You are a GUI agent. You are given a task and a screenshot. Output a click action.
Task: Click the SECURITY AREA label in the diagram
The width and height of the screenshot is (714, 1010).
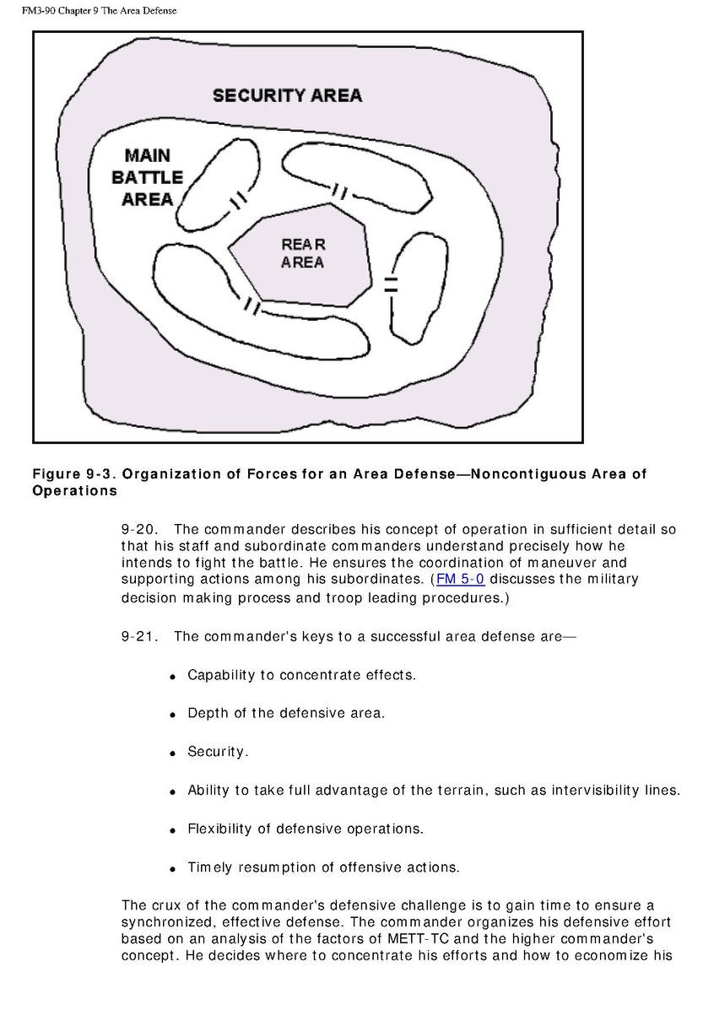tap(287, 95)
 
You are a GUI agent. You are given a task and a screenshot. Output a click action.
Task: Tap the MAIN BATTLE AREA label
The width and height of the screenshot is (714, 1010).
tap(147, 177)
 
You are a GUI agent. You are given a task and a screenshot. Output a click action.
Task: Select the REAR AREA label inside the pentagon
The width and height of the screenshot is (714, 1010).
tap(303, 253)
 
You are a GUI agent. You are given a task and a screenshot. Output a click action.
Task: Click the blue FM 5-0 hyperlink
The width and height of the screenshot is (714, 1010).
tap(460, 579)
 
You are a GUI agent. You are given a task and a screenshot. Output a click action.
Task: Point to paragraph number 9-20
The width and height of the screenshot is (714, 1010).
tap(140, 530)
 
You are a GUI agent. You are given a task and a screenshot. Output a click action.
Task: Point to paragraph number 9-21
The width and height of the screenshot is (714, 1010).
tap(140, 636)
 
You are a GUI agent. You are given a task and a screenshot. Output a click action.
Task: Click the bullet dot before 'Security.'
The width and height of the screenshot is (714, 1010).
tap(171, 753)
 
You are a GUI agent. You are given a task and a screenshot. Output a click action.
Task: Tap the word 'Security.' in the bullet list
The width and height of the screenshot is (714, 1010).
tap(218, 752)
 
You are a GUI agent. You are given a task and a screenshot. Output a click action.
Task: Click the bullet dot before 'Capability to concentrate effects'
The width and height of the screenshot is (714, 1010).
tap(171, 677)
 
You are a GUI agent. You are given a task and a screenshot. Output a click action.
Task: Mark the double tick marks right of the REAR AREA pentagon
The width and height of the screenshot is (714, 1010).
tap(390, 284)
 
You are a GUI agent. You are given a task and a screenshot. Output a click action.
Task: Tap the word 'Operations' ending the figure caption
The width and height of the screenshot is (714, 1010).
tap(75, 490)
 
